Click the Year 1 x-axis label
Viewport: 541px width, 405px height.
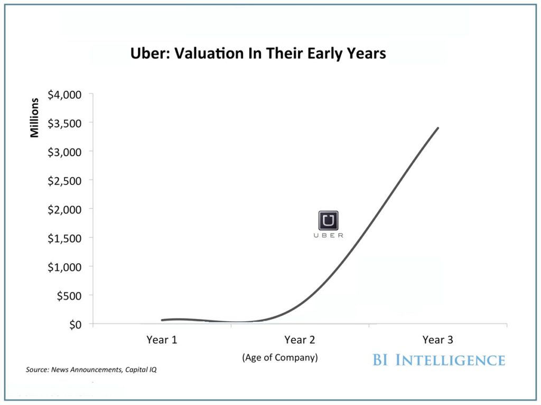[x=162, y=340]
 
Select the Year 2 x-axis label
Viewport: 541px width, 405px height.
[x=300, y=340]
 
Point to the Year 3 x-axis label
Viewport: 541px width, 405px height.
[x=437, y=340]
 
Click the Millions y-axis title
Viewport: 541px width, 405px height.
[x=35, y=118]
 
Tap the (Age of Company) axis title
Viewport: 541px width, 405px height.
[x=280, y=358]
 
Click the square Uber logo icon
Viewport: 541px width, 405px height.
[x=328, y=220]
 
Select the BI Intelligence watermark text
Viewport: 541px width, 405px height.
[x=439, y=360]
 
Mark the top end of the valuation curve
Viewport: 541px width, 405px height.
[x=437, y=128]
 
